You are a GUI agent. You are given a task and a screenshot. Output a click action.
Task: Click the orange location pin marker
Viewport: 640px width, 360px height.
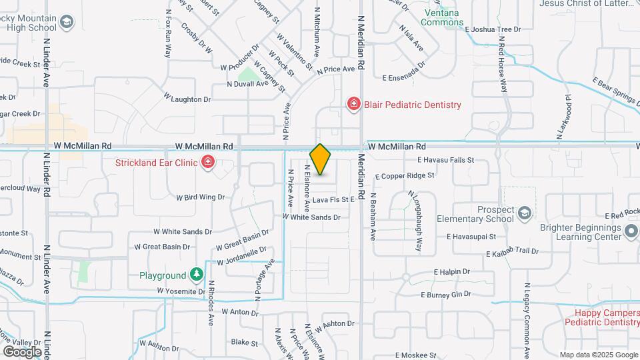(321, 159)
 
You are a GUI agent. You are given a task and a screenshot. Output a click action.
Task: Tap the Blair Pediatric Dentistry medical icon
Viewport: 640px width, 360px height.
(353, 104)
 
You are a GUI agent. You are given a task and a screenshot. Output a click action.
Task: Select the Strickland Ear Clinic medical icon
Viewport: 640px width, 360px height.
(208, 162)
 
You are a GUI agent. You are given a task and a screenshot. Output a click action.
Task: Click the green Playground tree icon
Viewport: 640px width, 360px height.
(196, 275)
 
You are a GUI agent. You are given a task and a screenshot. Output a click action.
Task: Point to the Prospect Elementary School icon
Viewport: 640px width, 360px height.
(524, 213)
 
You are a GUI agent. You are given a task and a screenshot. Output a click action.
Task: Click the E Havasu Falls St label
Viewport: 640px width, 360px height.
(445, 160)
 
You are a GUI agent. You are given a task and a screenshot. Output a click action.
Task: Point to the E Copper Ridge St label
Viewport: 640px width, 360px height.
(405, 176)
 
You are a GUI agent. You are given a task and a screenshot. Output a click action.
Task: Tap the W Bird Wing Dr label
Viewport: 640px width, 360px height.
(200, 197)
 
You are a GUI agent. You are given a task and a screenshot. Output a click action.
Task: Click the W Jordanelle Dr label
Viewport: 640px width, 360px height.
(241, 255)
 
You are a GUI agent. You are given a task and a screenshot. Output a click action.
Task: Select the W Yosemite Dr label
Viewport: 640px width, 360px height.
(181, 291)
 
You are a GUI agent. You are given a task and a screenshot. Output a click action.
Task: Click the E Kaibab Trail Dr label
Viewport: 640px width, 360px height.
(512, 252)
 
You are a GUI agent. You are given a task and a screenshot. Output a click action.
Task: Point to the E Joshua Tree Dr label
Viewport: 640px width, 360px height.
(493, 29)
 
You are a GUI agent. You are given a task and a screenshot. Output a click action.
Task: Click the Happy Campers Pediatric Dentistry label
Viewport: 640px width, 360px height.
(601, 317)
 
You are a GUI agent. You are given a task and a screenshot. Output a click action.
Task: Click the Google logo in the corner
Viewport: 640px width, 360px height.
(22, 351)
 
